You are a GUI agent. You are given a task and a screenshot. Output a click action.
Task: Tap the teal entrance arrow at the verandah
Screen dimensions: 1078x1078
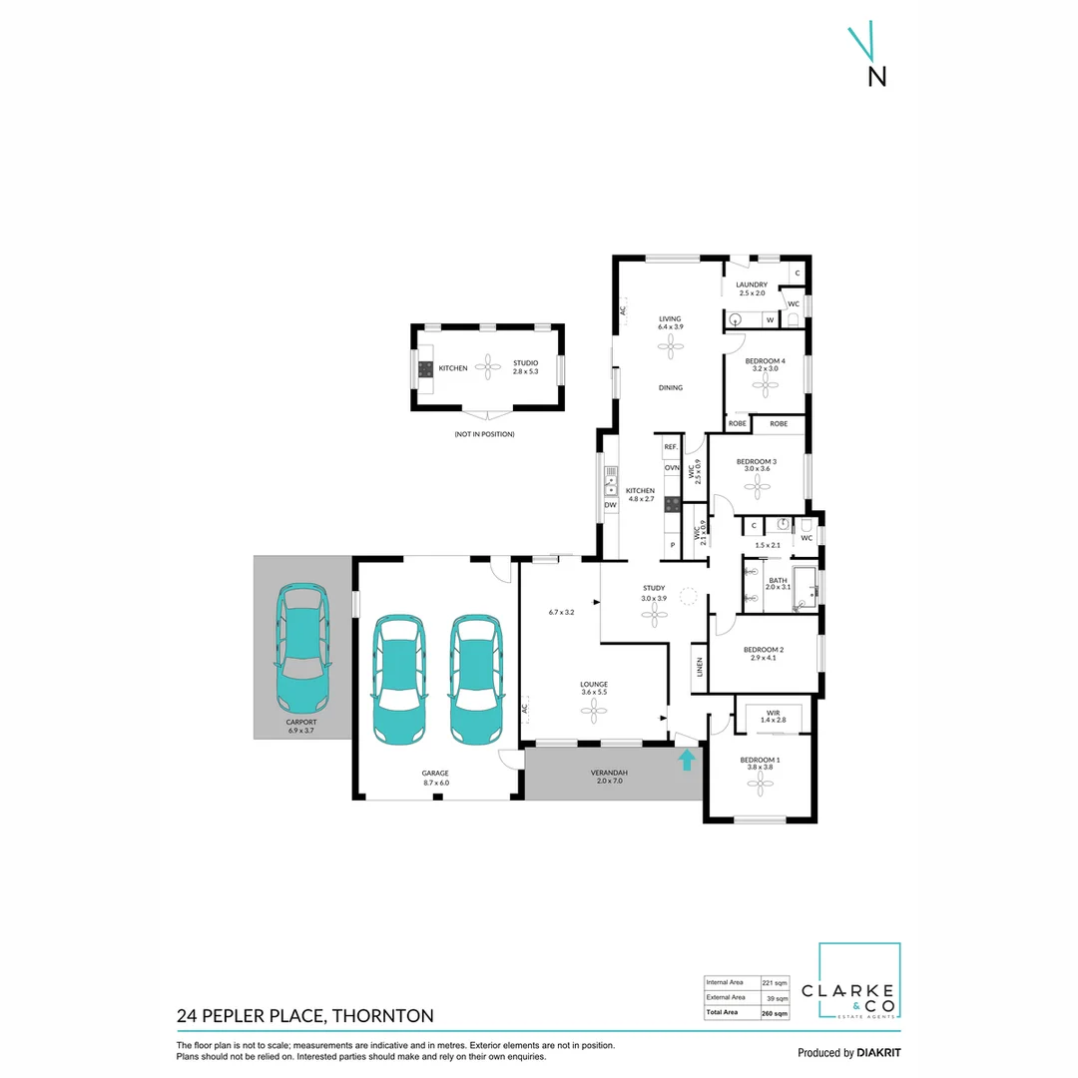click(x=687, y=762)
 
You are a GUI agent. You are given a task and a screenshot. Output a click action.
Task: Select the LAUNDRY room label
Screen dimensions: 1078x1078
click(x=753, y=284)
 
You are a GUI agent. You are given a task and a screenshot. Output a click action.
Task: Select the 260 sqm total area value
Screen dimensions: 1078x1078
click(x=774, y=1013)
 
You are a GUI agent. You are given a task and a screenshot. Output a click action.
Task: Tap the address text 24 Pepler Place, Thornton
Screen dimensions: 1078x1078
click(x=305, y=1016)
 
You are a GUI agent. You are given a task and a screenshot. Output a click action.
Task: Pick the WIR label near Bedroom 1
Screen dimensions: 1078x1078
click(x=774, y=713)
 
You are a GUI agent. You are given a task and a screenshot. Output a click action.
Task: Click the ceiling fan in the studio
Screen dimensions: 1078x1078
click(x=489, y=367)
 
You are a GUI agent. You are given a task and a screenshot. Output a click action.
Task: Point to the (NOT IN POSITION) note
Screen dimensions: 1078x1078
click(x=484, y=434)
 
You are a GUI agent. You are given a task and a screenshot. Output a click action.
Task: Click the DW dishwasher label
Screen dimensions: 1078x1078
click(x=610, y=505)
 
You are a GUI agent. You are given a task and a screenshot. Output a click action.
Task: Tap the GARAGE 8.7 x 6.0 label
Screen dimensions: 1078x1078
click(x=435, y=778)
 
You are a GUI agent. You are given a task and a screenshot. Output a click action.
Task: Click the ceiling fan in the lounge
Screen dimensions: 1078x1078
click(x=595, y=712)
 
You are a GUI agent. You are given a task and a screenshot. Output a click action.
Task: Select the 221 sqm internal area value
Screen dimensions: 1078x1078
click(x=774, y=982)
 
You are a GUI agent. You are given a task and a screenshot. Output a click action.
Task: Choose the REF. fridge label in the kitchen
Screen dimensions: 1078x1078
click(x=671, y=447)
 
